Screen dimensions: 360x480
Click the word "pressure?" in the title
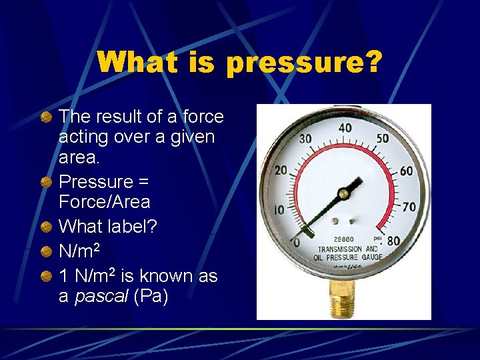click(x=305, y=64)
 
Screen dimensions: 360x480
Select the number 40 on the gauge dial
click(x=345, y=128)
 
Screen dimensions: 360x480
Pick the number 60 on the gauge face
click(x=406, y=171)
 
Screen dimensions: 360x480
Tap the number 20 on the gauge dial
click(x=281, y=171)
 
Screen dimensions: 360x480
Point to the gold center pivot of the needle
click(x=343, y=194)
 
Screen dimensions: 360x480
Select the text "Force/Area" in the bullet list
click(x=104, y=202)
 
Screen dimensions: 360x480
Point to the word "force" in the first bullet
click(x=203, y=117)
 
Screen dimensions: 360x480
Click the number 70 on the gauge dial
click(x=409, y=209)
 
